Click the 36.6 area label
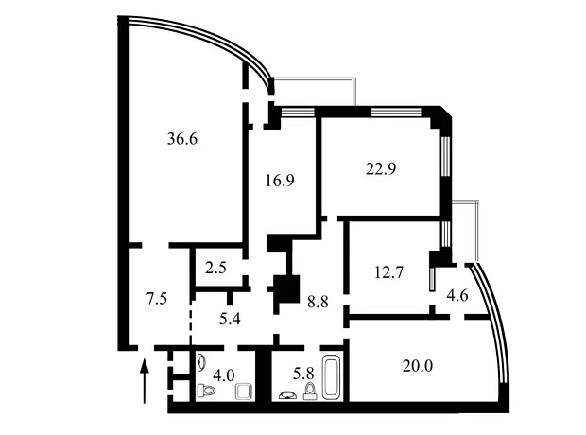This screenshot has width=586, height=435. point(182,139)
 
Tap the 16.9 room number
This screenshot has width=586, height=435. point(280,181)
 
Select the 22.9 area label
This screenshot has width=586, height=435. point(381,169)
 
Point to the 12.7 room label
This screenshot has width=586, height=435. point(388,272)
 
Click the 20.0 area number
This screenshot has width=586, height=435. point(418,366)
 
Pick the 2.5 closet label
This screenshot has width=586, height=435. point(215,269)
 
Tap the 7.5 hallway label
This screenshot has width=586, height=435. point(156,299)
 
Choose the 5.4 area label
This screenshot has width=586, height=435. point(230,319)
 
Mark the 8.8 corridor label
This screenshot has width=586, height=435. point(318,302)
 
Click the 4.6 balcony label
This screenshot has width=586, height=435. point(457,295)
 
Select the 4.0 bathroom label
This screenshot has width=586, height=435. point(223,374)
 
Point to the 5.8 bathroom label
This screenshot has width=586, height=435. point(303,374)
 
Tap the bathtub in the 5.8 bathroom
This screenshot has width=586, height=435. point(331,376)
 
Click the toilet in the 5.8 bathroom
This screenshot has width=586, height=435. point(310,391)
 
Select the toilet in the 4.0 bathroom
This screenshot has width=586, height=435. point(206,391)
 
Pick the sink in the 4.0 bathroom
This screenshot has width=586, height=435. point(201,361)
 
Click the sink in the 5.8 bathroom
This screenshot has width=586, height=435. point(286,395)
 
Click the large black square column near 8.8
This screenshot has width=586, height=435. point(287,288)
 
